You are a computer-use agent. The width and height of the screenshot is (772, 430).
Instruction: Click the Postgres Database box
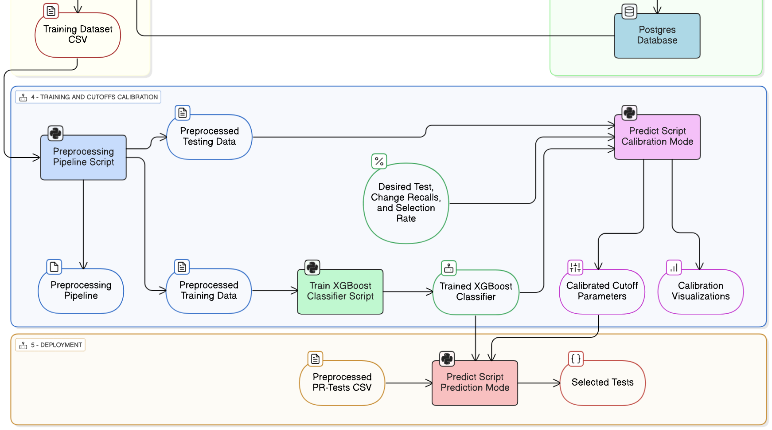point(657,36)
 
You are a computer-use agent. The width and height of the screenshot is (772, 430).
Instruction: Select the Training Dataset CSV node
point(78,35)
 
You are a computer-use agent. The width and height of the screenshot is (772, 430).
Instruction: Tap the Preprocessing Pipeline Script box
point(83,157)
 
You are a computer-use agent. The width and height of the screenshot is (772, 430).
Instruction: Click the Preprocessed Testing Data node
point(209,137)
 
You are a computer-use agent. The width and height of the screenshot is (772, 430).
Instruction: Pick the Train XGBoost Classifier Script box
point(340,291)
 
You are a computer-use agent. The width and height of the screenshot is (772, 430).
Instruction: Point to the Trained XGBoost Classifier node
point(476,292)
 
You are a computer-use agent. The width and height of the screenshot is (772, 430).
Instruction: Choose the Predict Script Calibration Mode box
point(657,137)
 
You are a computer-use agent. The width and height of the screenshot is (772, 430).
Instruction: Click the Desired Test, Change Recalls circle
point(405,203)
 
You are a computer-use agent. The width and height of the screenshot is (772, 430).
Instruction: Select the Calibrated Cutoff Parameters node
point(602,292)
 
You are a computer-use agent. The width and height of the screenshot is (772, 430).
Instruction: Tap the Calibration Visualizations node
point(700,292)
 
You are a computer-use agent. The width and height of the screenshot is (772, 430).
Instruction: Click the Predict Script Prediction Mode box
point(475,383)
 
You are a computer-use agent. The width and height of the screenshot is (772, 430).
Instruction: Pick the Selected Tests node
point(602,383)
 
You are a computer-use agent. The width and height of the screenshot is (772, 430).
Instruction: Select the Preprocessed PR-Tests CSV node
point(342,383)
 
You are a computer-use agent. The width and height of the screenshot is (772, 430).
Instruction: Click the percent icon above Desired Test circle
point(379,161)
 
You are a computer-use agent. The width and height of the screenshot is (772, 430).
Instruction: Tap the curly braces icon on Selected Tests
point(576,359)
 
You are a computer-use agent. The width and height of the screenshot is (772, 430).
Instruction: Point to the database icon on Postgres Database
point(629,12)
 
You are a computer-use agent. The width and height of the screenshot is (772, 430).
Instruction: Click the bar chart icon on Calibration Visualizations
point(674,268)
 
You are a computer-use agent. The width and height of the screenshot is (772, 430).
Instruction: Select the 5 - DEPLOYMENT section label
point(51,345)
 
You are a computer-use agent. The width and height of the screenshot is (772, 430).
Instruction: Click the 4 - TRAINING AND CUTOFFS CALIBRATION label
point(88,97)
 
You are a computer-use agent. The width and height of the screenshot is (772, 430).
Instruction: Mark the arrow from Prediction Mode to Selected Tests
point(538,383)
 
